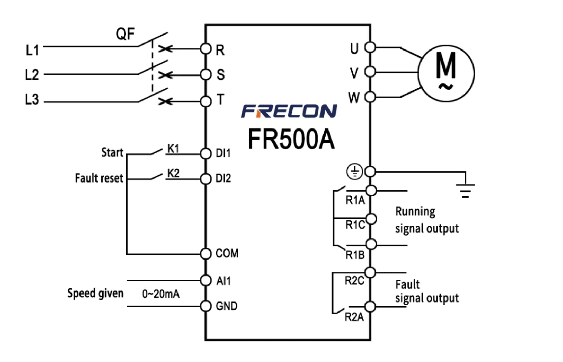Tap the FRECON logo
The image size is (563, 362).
289,111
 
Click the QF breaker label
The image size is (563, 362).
125,35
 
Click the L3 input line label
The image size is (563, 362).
32,100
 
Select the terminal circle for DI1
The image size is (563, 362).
205,153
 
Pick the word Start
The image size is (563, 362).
112,153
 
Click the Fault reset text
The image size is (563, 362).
99,178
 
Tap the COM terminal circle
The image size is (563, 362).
205,254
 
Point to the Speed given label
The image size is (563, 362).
95,293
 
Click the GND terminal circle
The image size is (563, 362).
205,306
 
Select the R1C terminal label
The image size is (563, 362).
355,225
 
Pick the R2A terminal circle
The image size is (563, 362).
370,307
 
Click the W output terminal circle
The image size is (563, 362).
370,97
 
